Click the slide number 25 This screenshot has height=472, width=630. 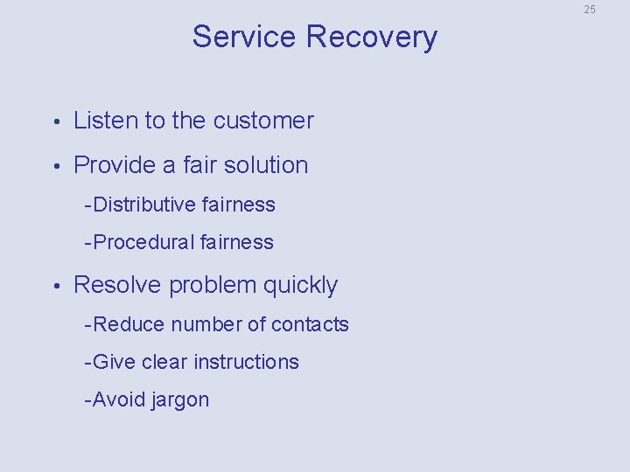(x=590, y=10)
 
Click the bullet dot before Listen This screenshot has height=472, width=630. (x=55, y=121)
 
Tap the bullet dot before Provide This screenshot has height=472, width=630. (x=55, y=166)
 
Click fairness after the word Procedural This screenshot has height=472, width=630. (x=236, y=242)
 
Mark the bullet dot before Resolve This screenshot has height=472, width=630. (x=55, y=286)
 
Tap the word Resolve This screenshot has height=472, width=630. (x=118, y=285)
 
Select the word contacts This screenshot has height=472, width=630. (x=310, y=324)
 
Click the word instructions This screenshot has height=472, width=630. (x=246, y=362)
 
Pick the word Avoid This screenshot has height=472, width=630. (x=119, y=399)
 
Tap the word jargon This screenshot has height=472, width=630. (x=180, y=401)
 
